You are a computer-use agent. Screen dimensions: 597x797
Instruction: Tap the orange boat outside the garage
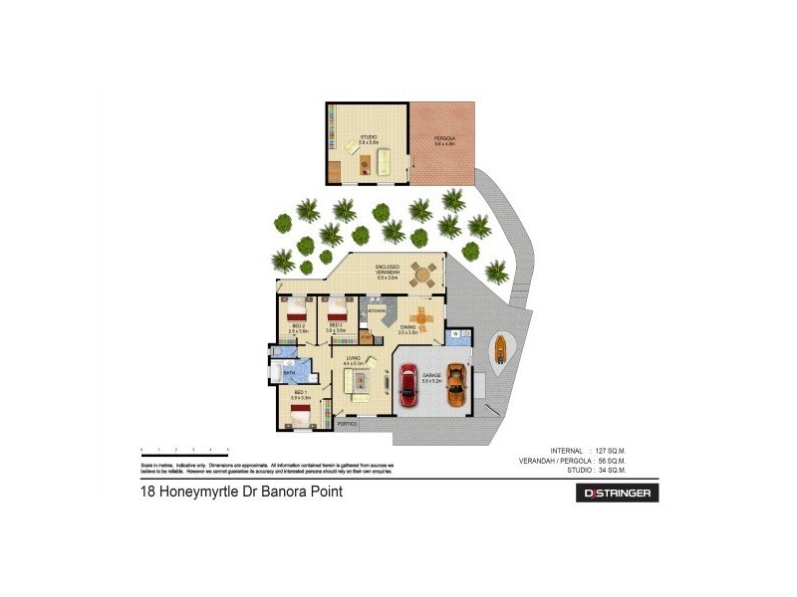point(498,347)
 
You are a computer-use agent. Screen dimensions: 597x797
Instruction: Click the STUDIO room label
point(369,138)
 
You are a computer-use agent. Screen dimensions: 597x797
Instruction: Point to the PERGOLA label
point(444,138)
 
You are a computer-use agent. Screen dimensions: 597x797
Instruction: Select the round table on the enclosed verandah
point(425,273)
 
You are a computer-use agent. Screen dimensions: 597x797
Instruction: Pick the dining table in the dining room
point(422,316)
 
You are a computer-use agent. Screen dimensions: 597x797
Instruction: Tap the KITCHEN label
point(377,311)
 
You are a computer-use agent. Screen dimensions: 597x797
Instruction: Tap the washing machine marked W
point(455,334)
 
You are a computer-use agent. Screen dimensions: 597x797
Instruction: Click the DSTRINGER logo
point(620,493)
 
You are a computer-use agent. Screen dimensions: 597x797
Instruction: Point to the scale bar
point(185,450)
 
